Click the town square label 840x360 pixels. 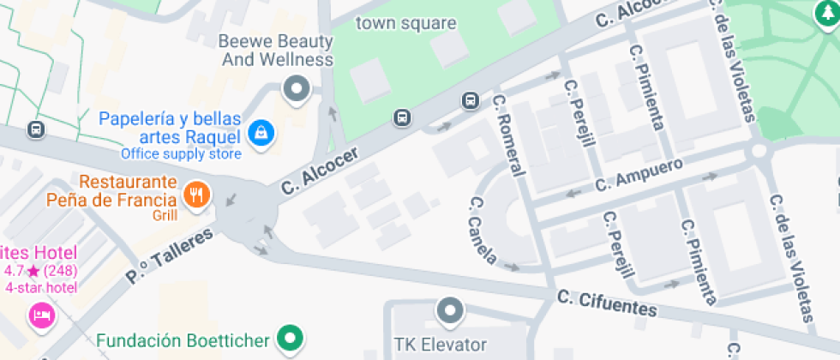tap(406, 23)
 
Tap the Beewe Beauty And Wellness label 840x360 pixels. tap(276, 51)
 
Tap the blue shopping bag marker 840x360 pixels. tap(259, 132)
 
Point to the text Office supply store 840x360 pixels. tap(181, 154)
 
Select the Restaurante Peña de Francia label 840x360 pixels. tap(129, 192)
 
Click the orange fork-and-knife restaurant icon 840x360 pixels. tap(197, 193)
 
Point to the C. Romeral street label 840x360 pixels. tap(509, 135)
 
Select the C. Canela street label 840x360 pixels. tap(483, 229)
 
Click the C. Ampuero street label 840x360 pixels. tap(639, 174)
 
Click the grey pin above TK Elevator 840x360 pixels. tap(449, 310)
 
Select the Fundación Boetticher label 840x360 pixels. tap(183, 340)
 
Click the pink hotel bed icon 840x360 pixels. tap(40, 315)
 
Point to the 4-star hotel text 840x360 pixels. tap(40, 288)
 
